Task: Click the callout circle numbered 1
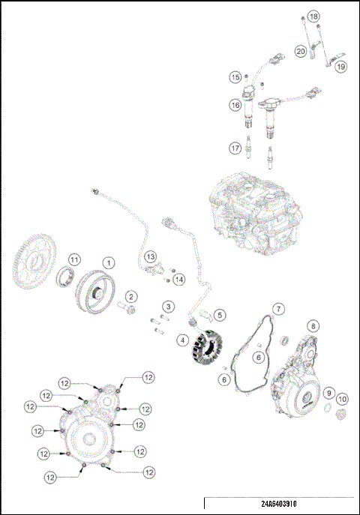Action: pyautogui.click(x=109, y=262)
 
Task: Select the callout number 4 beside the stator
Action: pyautogui.click(x=182, y=340)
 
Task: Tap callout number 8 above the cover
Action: pyautogui.click(x=313, y=326)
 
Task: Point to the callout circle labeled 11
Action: pyautogui.click(x=73, y=259)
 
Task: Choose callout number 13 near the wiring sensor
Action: pyautogui.click(x=151, y=256)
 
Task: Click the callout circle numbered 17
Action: pyautogui.click(x=235, y=148)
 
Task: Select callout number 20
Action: pyautogui.click(x=300, y=52)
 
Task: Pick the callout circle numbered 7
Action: pyautogui.click(x=278, y=309)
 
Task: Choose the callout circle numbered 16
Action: pyautogui.click(x=235, y=106)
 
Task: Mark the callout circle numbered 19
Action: pyautogui.click(x=340, y=67)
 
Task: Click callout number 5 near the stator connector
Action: pyautogui.click(x=220, y=315)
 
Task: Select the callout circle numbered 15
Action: pyautogui.click(x=235, y=77)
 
